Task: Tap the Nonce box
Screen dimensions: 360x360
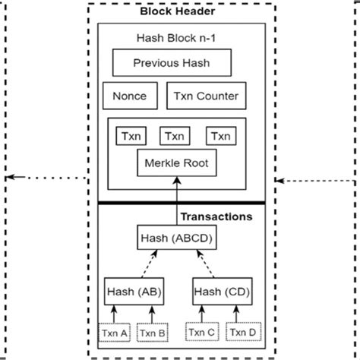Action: (129, 96)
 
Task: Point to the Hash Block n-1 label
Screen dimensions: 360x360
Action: (180, 37)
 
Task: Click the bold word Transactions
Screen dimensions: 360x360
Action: (216, 216)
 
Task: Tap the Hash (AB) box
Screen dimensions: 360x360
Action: (133, 290)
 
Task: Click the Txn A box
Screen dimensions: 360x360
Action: (112, 332)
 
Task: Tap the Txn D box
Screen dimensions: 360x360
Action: (241, 332)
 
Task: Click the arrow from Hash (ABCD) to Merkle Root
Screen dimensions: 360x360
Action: (179, 201)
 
